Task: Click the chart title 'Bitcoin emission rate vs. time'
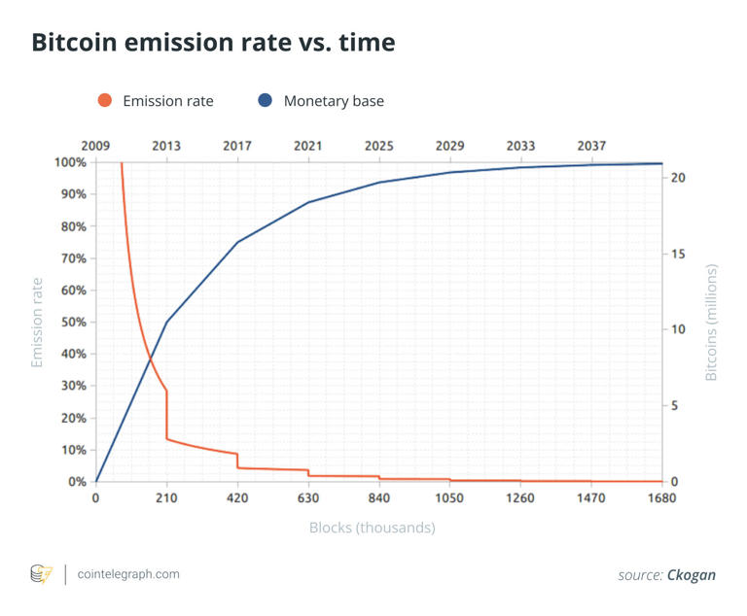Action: (x=213, y=44)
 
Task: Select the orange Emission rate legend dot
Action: (x=105, y=100)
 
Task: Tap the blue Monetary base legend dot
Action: (x=265, y=100)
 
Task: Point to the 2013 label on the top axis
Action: (x=166, y=146)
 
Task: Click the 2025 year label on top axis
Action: (x=379, y=146)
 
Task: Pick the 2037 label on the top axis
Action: (x=591, y=146)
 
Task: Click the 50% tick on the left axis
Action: (x=74, y=323)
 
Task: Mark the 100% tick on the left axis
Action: (x=71, y=162)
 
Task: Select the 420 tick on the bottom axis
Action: (x=237, y=498)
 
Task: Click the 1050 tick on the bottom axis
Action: (x=449, y=498)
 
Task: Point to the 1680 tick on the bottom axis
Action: (x=661, y=498)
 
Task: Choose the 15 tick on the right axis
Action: (x=680, y=255)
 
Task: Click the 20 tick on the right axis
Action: (x=680, y=179)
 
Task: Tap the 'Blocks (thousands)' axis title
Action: (x=372, y=528)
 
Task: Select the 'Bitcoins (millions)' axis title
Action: (x=711, y=322)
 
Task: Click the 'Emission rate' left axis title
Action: (x=38, y=323)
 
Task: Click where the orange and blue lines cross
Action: (x=152, y=359)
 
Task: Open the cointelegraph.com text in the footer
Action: (x=128, y=574)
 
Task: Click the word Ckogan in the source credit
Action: (x=691, y=575)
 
